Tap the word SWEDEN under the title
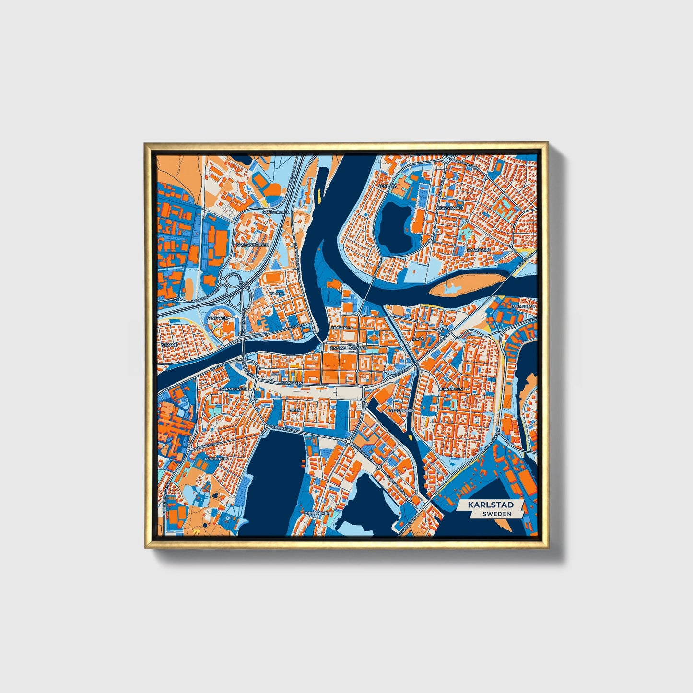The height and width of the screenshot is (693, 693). [496, 514]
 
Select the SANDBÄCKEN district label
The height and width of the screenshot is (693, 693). [277, 211]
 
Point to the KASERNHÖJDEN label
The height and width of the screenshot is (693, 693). [253, 245]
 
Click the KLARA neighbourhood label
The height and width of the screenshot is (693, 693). [277, 293]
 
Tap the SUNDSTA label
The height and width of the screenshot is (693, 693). [388, 186]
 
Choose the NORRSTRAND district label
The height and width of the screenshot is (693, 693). [449, 208]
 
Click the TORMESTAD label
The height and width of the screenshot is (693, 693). [522, 306]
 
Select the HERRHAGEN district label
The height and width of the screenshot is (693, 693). [450, 389]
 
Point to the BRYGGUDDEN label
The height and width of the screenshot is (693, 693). [400, 411]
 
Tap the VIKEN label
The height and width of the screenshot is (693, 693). [294, 411]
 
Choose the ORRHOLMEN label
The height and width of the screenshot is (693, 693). [317, 513]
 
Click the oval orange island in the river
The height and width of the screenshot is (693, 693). [467, 285]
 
